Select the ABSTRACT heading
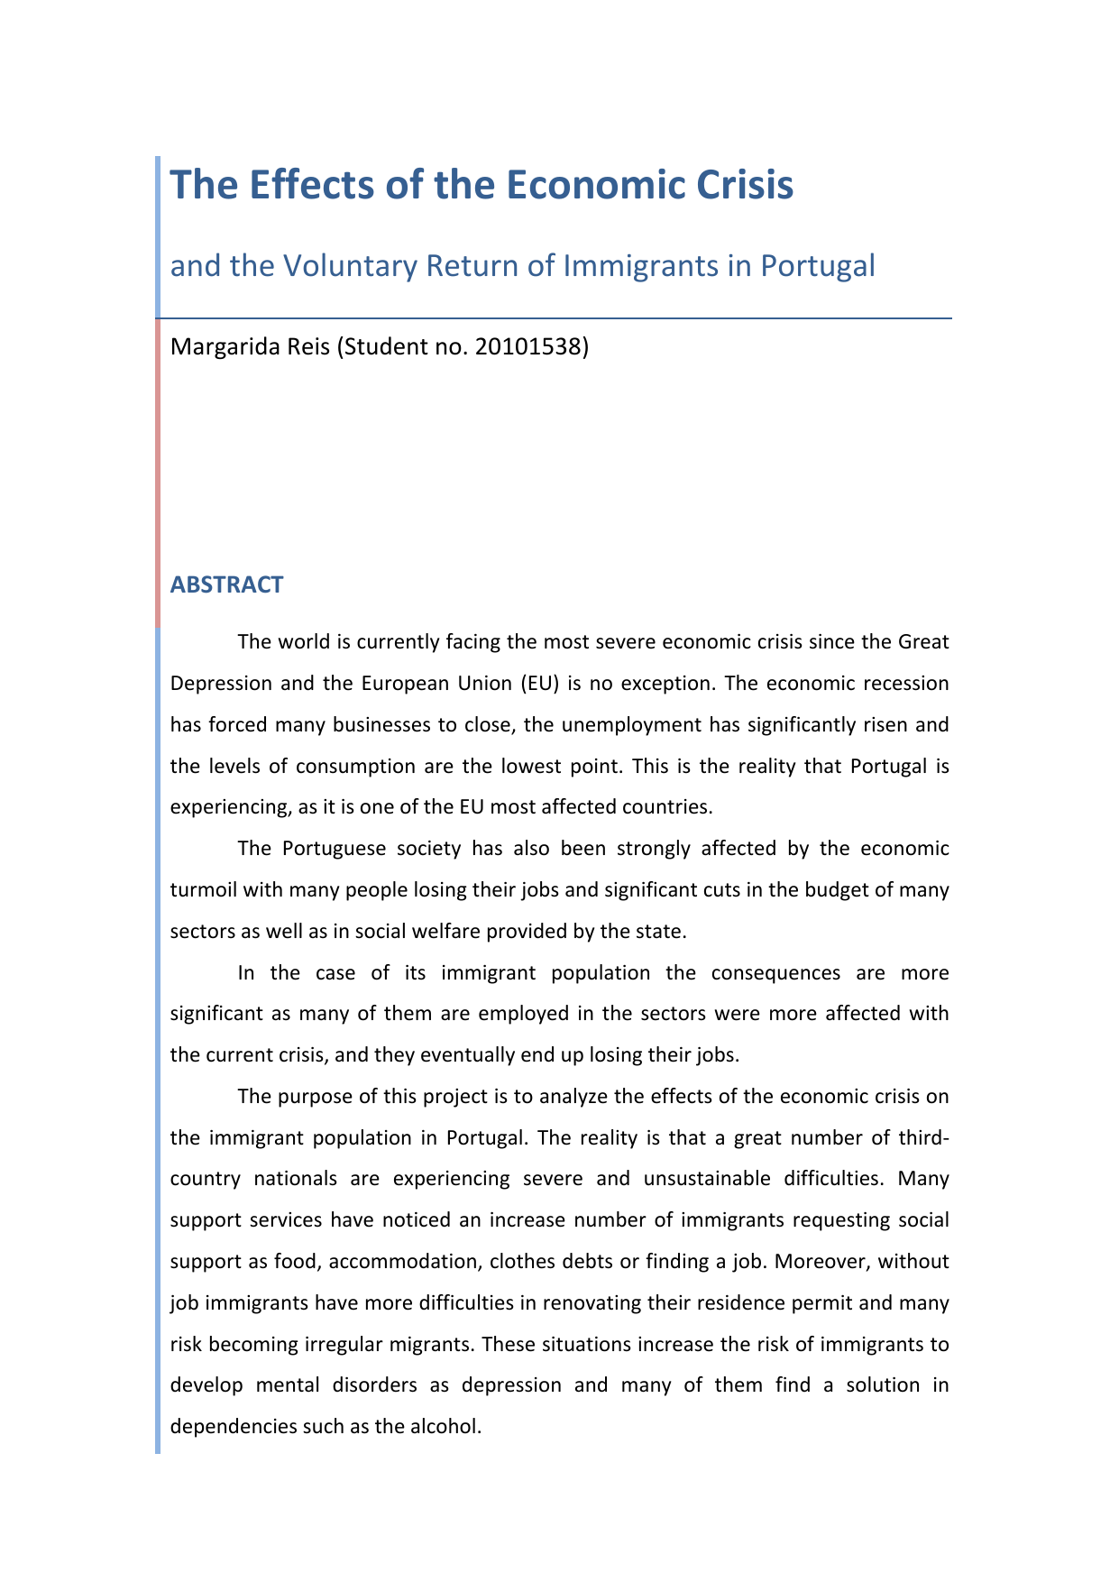[226, 584]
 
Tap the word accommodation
[403, 1261]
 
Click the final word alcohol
[445, 1427]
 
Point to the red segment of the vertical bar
[158, 469]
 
